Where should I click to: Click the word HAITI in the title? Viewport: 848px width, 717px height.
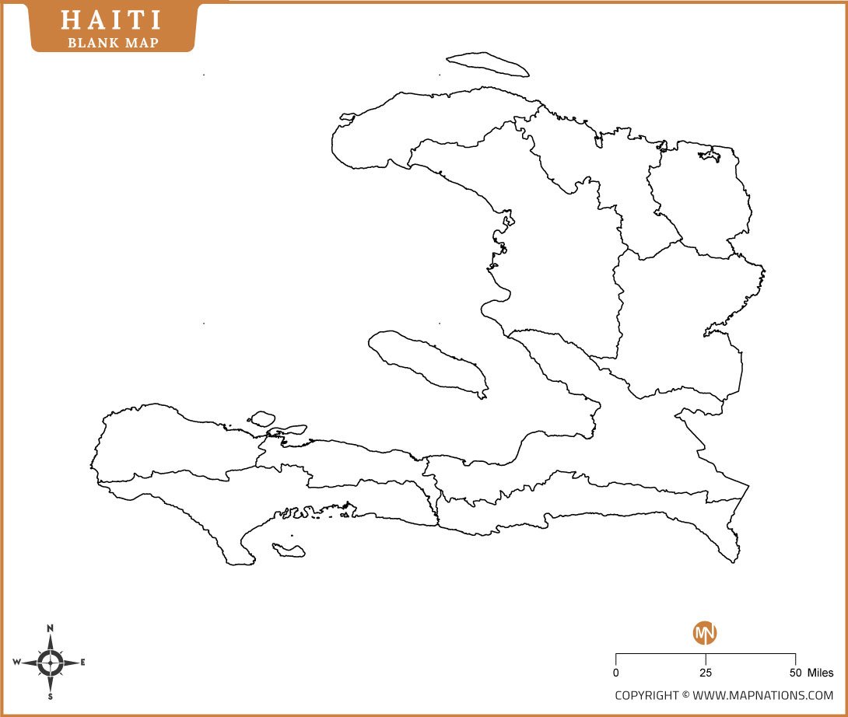click(x=113, y=20)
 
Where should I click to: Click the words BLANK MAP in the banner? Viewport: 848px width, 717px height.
click(x=114, y=42)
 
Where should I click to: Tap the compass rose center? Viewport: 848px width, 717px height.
click(x=51, y=663)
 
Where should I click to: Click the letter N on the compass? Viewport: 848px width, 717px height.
click(x=51, y=628)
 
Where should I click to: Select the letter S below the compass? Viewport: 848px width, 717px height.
click(x=51, y=697)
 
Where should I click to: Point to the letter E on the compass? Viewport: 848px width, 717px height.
click(x=83, y=663)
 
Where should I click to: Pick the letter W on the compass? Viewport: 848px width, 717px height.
click(x=16, y=663)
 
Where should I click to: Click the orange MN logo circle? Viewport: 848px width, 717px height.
click(x=705, y=632)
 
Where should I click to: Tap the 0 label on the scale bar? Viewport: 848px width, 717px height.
click(x=616, y=673)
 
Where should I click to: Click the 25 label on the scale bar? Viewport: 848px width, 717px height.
click(x=705, y=673)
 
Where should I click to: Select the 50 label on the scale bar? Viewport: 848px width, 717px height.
click(x=795, y=673)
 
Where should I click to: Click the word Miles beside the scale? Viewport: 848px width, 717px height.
click(x=820, y=673)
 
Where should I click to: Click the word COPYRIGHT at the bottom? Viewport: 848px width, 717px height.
click(x=647, y=695)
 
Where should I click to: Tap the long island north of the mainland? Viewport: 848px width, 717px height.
click(x=488, y=65)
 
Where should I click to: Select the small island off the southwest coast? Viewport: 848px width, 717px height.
click(x=289, y=550)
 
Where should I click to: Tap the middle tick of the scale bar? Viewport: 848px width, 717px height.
click(x=706, y=658)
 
